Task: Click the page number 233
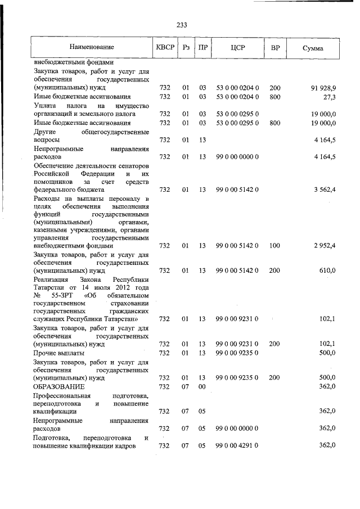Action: (x=181, y=25)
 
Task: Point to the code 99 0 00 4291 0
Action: (x=237, y=445)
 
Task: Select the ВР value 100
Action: (x=274, y=245)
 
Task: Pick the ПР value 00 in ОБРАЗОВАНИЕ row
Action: (x=202, y=387)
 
